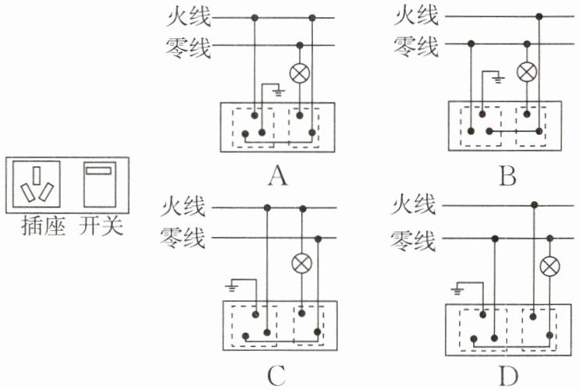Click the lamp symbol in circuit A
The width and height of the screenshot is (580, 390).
click(x=300, y=73)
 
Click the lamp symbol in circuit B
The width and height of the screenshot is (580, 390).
click(x=527, y=72)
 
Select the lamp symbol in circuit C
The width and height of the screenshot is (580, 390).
click(x=302, y=263)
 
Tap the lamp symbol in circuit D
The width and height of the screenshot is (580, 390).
click(x=550, y=267)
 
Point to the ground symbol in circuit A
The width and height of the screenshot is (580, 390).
click(x=278, y=92)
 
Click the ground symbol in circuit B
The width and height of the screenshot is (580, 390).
click(x=498, y=80)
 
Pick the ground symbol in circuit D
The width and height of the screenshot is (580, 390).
click(x=457, y=291)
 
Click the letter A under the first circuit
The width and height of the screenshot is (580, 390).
click(x=277, y=175)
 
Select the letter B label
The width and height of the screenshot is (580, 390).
click(x=507, y=175)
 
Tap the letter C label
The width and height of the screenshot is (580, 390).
click(x=276, y=376)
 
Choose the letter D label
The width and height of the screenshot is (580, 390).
click(x=508, y=376)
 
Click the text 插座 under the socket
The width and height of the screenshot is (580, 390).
click(x=43, y=226)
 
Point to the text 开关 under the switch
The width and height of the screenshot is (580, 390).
click(x=101, y=226)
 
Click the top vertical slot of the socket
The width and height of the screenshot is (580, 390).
click(x=36, y=175)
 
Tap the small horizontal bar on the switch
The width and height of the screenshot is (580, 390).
click(x=98, y=171)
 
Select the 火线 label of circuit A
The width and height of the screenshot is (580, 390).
click(x=189, y=17)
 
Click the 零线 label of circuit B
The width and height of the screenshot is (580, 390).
click(x=416, y=46)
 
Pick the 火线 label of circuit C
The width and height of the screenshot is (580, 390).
click(x=183, y=206)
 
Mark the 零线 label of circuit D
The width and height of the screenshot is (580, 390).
click(x=413, y=241)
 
